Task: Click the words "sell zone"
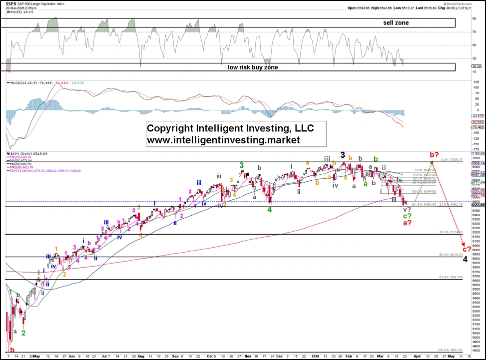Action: coord(395,23)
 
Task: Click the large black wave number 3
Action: coord(343,155)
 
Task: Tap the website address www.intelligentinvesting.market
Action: coord(223,141)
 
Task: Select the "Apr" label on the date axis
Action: coord(427,357)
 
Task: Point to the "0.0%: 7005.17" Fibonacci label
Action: coord(453,160)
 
